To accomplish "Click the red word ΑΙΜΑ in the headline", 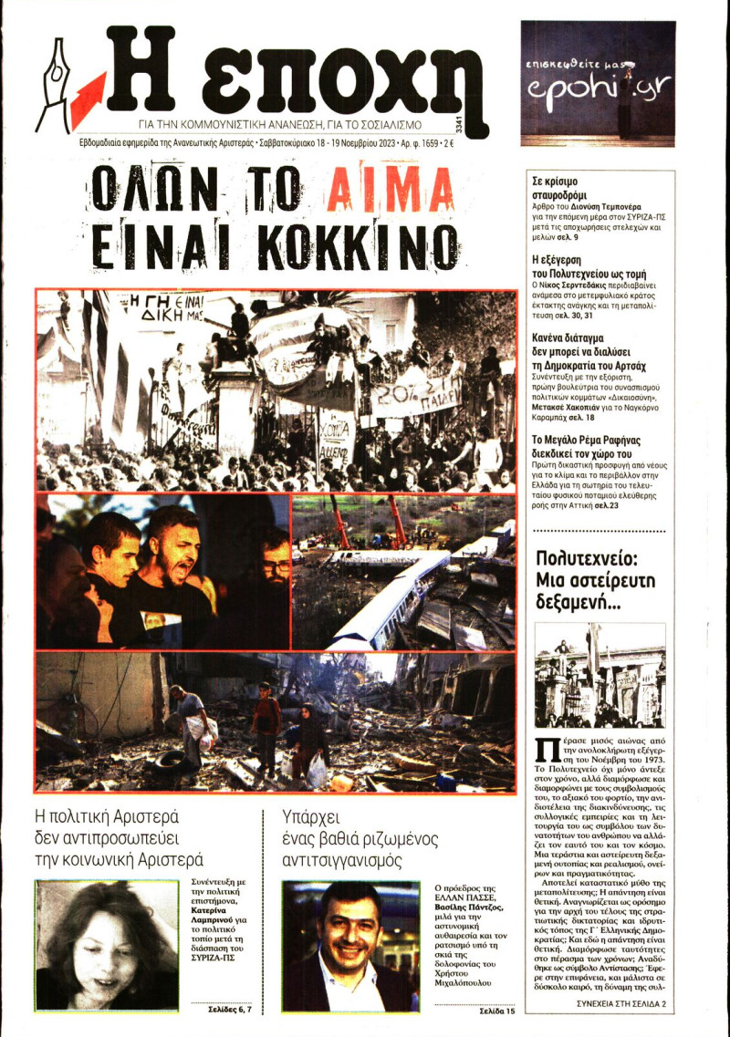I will [391, 192].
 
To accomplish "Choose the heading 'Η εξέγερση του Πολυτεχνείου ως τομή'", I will [589, 265].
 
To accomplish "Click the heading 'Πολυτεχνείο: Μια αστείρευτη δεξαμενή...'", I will [597, 580].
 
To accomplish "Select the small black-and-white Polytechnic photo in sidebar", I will [600, 675].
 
